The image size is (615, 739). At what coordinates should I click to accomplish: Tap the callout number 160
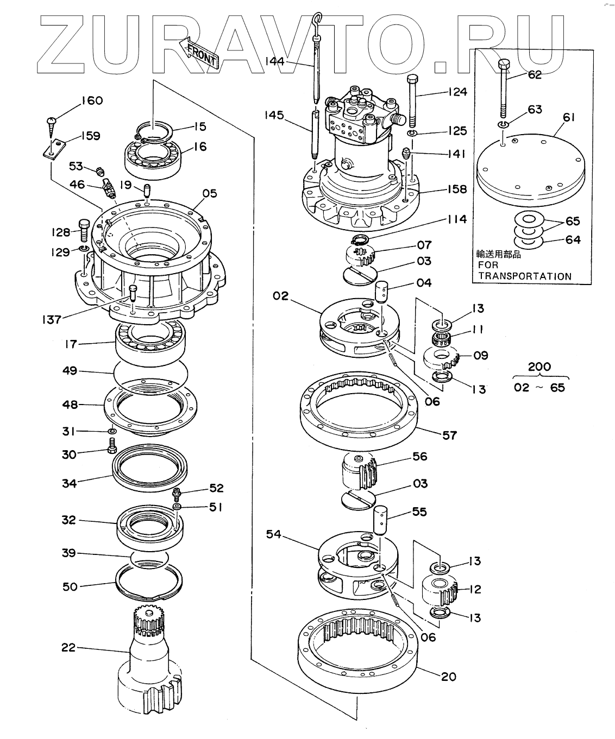[x=92, y=101]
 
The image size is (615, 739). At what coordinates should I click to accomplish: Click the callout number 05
[x=210, y=193]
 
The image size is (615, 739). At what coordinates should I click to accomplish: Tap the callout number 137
[x=52, y=319]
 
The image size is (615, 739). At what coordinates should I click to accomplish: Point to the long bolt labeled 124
[x=412, y=100]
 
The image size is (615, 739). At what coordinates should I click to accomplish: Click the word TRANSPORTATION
[x=524, y=276]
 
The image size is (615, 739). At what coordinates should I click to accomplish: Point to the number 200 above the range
[x=539, y=367]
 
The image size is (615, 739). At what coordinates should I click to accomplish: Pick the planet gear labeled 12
[x=440, y=590]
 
